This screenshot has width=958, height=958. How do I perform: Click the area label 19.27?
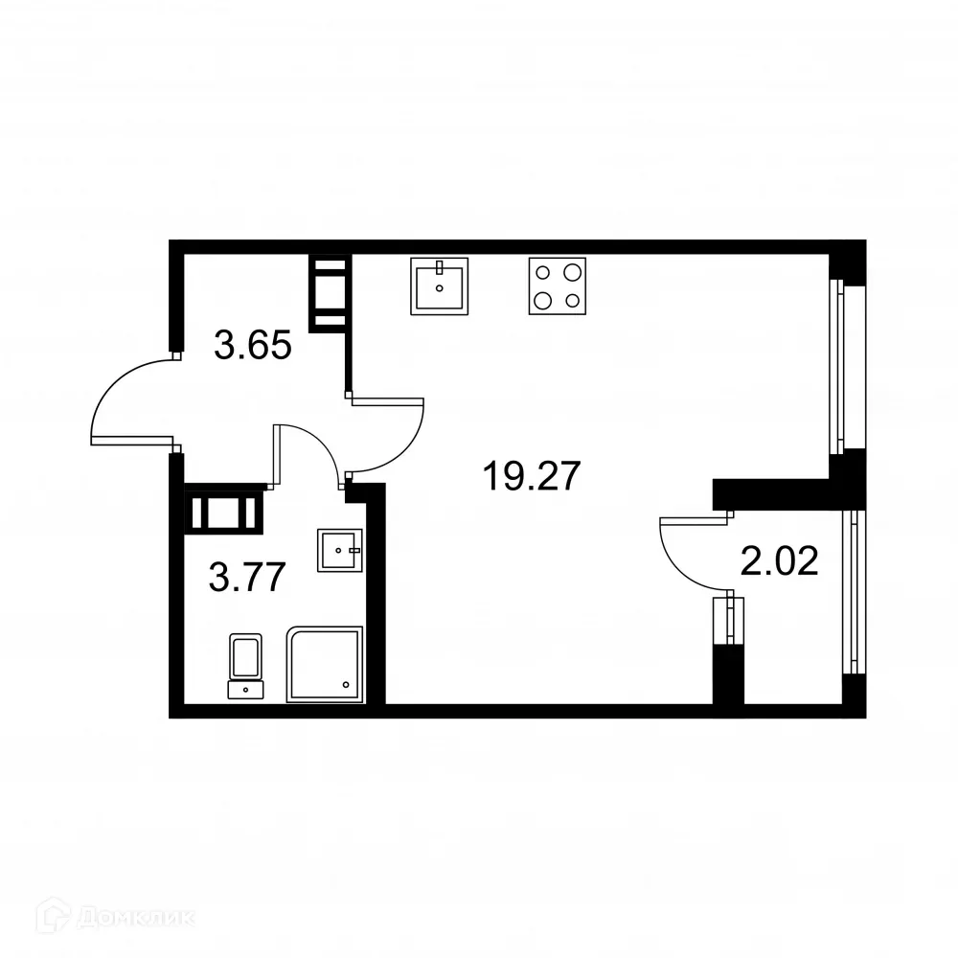click(532, 476)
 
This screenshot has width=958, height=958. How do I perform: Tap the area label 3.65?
click(252, 345)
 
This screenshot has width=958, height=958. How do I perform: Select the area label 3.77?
click(247, 579)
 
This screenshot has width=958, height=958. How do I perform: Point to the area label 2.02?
click(780, 561)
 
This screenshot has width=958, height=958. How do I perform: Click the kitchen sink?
click(441, 285)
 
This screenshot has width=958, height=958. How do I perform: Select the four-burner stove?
click(557, 285)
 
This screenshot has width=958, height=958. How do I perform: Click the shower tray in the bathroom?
click(326, 664)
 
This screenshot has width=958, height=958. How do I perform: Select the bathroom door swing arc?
click(311, 445)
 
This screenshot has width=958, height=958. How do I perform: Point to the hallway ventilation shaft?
click(328, 292)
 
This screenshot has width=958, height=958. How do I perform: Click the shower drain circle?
click(346, 684)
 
